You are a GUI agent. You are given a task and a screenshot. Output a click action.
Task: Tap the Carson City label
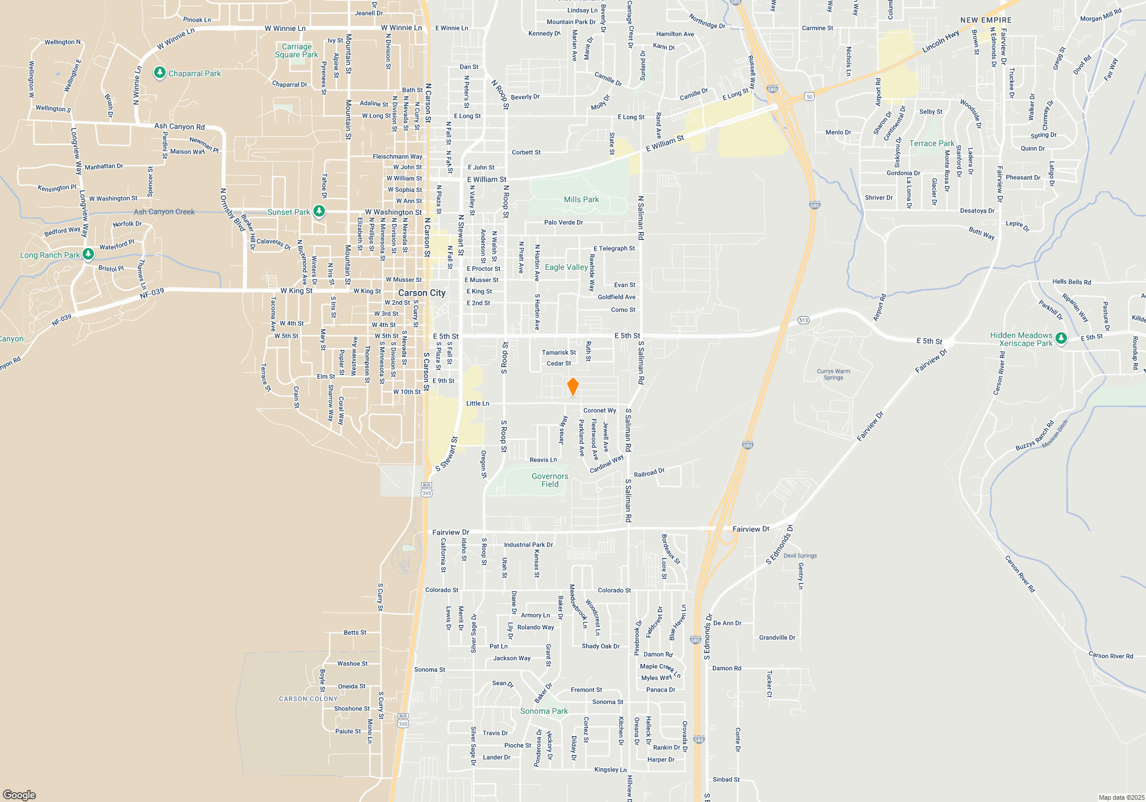tap(422, 293)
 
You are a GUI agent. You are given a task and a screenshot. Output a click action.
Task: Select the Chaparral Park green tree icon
tap(160, 73)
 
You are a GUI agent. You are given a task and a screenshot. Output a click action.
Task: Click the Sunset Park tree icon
tap(319, 211)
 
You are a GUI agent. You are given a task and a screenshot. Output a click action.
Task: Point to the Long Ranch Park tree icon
tap(88, 254)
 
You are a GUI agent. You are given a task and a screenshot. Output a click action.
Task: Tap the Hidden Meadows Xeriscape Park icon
tap(1061, 339)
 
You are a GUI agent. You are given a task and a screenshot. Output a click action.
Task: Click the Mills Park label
tap(581, 199)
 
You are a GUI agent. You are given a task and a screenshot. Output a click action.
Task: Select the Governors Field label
tap(550, 480)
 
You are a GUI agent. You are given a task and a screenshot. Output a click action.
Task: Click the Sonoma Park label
tap(544, 711)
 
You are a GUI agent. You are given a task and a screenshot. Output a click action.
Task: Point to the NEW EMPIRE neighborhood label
tap(986, 20)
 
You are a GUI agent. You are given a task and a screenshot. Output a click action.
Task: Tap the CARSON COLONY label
tap(308, 699)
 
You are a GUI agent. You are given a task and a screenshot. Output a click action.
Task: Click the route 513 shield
tap(803, 320)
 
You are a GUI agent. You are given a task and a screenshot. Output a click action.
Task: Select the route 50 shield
tap(809, 97)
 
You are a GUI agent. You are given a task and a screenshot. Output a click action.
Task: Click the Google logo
tap(19, 795)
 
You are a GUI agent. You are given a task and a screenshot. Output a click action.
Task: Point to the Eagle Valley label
tap(566, 267)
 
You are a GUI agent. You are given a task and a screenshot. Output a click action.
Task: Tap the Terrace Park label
tap(932, 143)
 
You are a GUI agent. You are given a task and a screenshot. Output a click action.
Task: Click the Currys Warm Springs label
tap(833, 374)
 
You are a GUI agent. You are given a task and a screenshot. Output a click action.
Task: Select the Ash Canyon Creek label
tap(164, 211)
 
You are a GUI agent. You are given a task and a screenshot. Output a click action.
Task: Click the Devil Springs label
tap(800, 556)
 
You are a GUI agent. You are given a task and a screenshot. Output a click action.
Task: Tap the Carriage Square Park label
tap(296, 50)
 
